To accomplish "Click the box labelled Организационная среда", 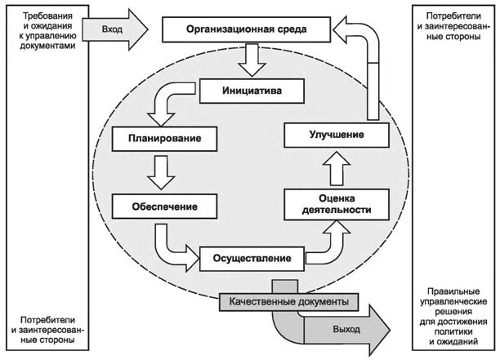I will click(x=246, y=31).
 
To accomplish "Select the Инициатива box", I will click(x=254, y=90).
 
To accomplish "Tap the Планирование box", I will click(x=167, y=138).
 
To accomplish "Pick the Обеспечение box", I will click(x=164, y=205).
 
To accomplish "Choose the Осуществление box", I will click(x=252, y=259).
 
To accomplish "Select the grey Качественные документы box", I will click(x=290, y=301).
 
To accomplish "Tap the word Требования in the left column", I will click(x=45, y=16).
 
